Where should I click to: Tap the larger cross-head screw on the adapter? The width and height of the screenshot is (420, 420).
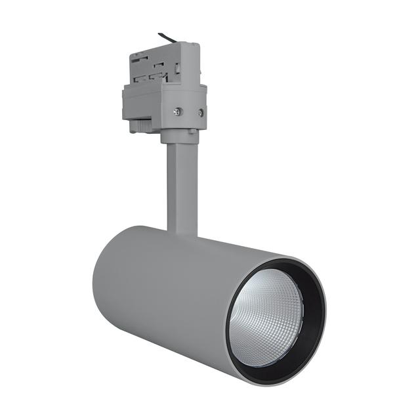tap(177, 112)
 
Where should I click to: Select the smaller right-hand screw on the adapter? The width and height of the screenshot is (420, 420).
tap(199, 112)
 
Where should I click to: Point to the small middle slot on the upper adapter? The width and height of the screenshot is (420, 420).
tap(159, 64)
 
